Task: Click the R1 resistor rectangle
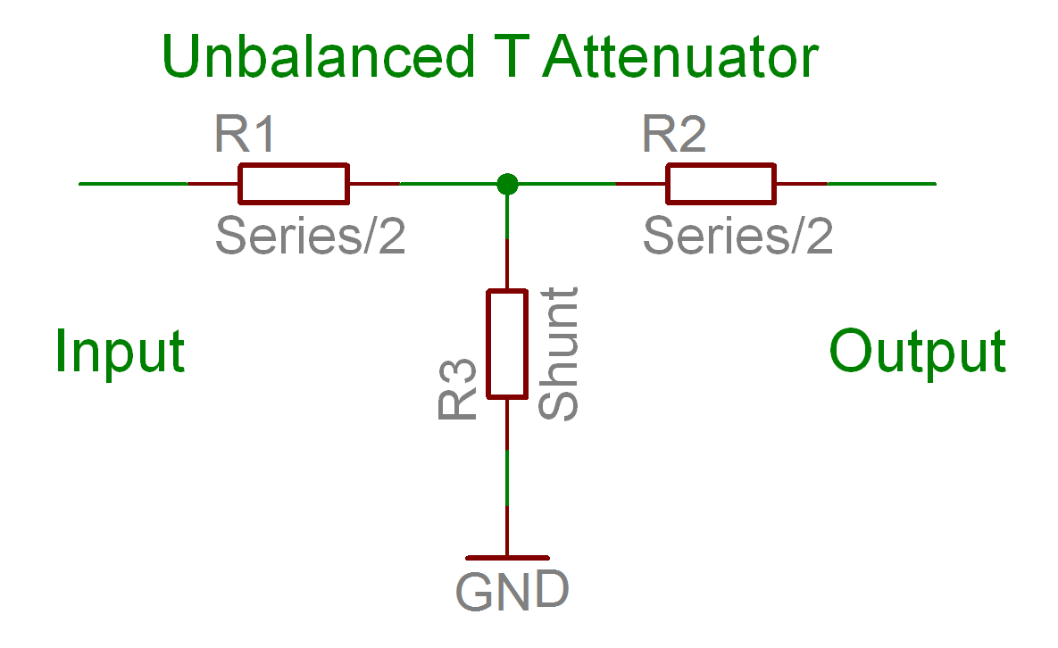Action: pos(293,184)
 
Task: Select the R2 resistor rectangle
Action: pos(721,184)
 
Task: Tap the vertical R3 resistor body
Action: pos(506,344)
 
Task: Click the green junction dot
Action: pos(507,184)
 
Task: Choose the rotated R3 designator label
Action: pos(456,390)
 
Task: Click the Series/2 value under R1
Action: pos(310,237)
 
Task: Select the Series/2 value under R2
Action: pos(737,237)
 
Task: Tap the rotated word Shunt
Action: pos(560,353)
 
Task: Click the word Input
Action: pos(120,351)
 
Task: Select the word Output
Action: pos(917,351)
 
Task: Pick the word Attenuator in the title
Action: pos(680,58)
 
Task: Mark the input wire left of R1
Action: pos(134,184)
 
